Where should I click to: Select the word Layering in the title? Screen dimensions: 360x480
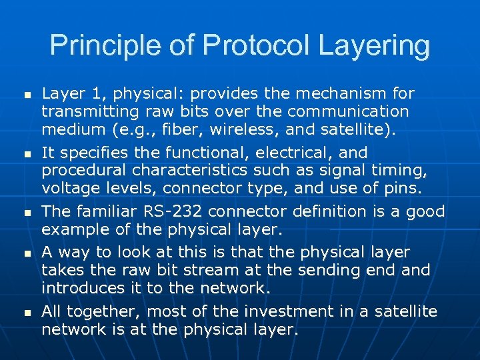click(x=373, y=46)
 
